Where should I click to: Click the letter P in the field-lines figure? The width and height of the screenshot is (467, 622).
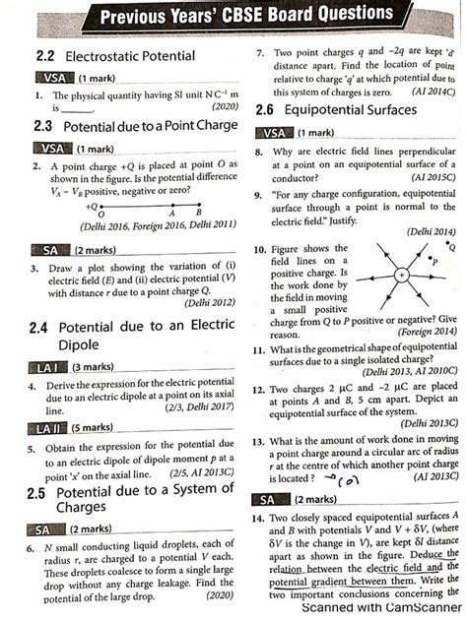click(x=434, y=262)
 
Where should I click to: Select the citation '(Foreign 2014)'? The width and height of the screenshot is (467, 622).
click(x=424, y=334)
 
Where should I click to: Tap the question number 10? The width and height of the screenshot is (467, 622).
click(x=258, y=250)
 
